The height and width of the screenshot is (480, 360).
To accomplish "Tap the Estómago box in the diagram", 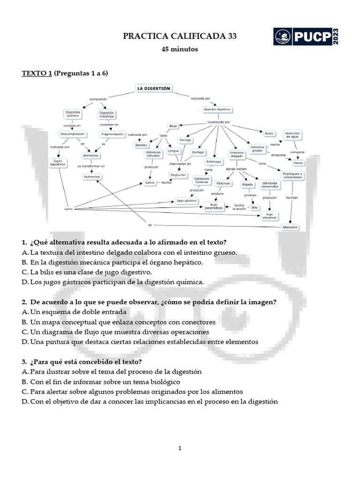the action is coord(213,162).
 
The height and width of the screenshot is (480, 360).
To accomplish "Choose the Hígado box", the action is coord(247,184).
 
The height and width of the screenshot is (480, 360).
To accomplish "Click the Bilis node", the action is coord(255,207).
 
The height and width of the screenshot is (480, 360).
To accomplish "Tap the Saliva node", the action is coord(150,183).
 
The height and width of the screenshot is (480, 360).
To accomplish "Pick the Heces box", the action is coord(298,162).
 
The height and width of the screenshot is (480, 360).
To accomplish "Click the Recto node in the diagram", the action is coord(269,134).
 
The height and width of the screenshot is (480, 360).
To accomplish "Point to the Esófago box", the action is coord(198,152).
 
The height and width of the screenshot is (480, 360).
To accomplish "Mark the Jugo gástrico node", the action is coord(186,201).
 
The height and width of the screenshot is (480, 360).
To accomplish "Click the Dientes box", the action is coord(141,145).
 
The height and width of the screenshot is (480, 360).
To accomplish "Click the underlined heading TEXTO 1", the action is coord(37,73).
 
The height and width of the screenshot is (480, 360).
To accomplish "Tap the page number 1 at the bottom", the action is coord(180,449).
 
